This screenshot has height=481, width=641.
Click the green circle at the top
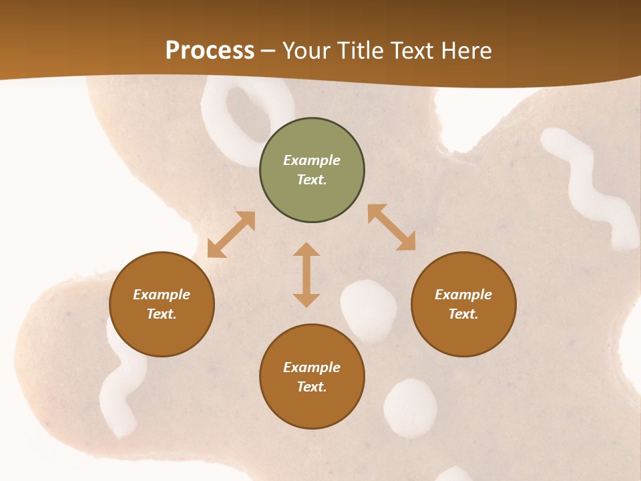[312, 170]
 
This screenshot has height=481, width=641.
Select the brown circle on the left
[162, 304]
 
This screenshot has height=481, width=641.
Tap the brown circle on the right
[463, 304]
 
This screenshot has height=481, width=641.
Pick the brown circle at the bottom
[312, 377]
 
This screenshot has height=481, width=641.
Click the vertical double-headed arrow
[306, 275]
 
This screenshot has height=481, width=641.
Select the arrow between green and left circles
[231, 234]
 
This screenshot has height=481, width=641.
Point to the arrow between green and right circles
[391, 227]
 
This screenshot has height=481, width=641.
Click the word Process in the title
[210, 50]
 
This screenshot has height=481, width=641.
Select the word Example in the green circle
[312, 160]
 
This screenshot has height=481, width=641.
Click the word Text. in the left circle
[162, 314]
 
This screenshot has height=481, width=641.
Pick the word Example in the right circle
[463, 295]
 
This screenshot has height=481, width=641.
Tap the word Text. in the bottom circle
[312, 387]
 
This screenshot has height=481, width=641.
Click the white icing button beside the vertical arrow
[368, 309]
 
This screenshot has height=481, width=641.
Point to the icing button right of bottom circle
[410, 408]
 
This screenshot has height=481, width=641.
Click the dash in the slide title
[268, 51]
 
